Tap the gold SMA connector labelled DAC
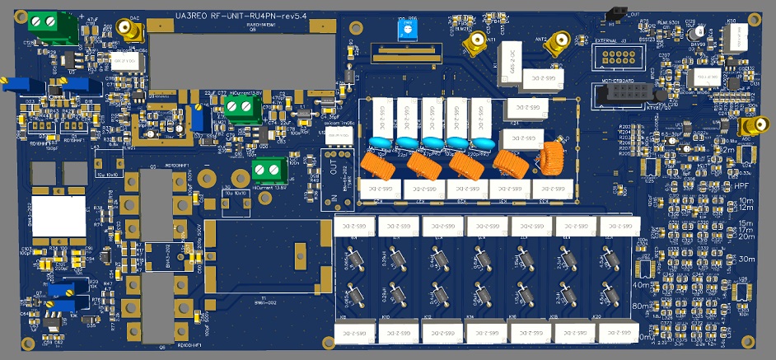(130, 32)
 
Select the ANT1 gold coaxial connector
(475, 40)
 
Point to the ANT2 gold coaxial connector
(559, 40)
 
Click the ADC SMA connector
(752, 126)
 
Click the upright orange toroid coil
(548, 154)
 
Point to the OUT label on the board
(332, 161)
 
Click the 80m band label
(639, 306)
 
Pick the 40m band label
(640, 284)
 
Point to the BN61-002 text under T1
(264, 304)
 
